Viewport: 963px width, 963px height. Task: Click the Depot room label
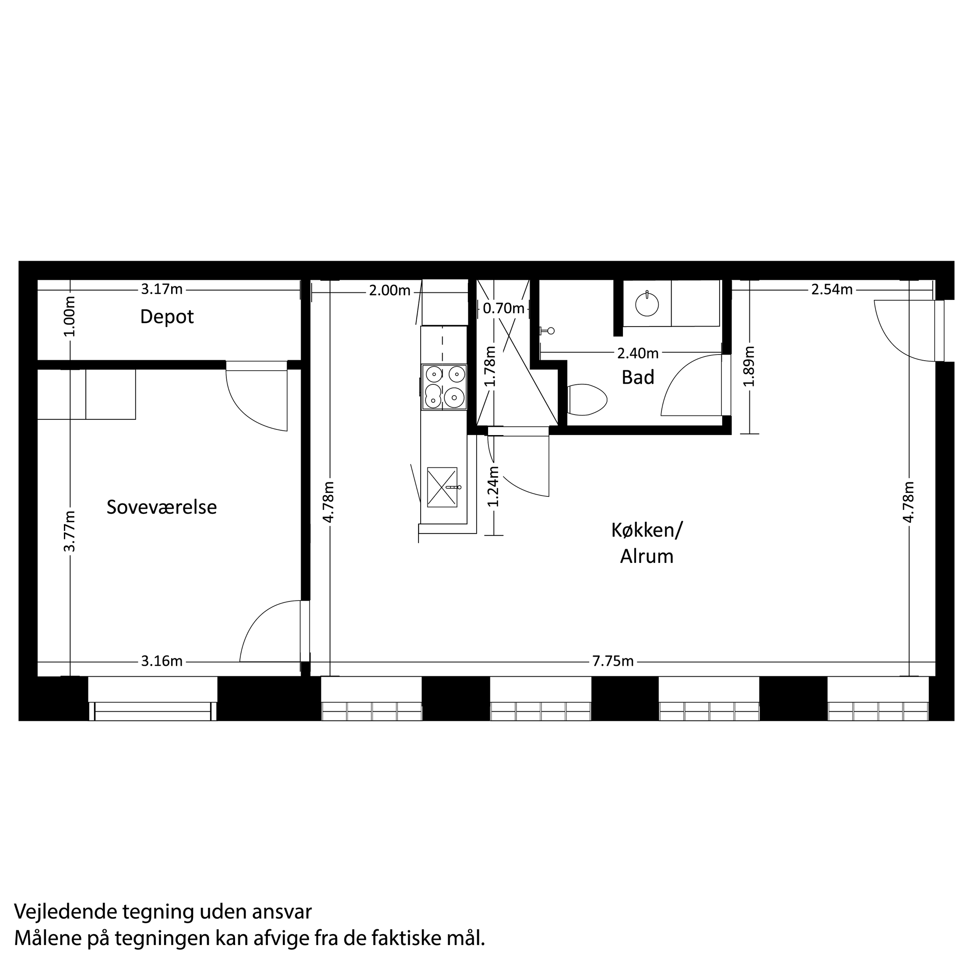click(166, 316)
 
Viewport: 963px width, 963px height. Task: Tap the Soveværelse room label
click(162, 507)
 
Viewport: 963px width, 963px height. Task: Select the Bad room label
click(637, 377)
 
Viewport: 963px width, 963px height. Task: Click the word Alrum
click(647, 556)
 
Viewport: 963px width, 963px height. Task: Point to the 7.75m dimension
click(612, 661)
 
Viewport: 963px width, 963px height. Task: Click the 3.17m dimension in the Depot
click(162, 289)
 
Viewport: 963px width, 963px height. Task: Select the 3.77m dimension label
click(69, 531)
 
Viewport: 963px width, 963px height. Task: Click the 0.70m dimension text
click(503, 309)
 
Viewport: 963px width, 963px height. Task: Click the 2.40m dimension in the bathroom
click(637, 353)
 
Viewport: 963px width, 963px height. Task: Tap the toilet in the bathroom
click(588, 400)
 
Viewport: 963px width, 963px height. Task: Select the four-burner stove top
click(444, 387)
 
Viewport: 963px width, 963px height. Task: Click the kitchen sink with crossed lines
click(442, 487)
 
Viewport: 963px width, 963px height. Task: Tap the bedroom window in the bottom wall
click(152, 698)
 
